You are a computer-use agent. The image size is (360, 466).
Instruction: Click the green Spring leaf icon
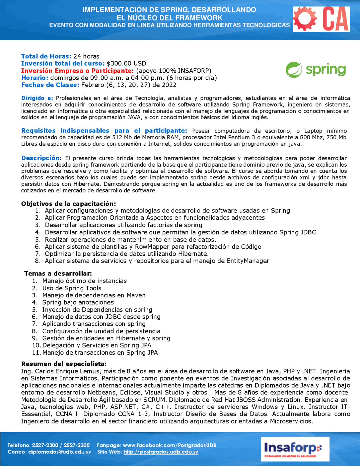(x=294, y=70)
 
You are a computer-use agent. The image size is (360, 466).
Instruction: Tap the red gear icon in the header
(x=305, y=19)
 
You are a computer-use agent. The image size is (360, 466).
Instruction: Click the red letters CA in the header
(x=336, y=19)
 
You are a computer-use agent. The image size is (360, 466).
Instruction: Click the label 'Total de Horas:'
(x=46, y=56)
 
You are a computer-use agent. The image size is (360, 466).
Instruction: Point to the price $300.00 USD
(x=126, y=64)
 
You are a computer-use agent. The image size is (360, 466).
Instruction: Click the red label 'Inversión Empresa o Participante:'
(x=77, y=71)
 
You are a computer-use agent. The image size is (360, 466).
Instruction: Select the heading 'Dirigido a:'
(x=37, y=98)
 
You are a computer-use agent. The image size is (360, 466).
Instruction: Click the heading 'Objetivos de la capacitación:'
(x=68, y=204)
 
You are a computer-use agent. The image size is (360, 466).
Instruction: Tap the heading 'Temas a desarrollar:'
(x=58, y=274)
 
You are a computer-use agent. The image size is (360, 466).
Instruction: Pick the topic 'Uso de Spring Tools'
(x=72, y=288)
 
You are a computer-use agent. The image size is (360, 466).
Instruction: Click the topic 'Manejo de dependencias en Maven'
(x=94, y=295)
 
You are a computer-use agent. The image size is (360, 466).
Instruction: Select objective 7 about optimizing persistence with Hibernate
(x=127, y=254)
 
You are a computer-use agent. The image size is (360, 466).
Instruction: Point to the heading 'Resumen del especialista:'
(x=64, y=364)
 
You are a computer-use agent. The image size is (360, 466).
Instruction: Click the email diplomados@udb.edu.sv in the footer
(x=60, y=452)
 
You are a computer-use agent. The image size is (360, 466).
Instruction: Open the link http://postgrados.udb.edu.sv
(x=161, y=452)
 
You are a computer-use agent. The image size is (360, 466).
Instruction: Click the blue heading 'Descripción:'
(x=41, y=158)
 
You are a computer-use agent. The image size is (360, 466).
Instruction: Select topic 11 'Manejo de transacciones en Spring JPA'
(x=101, y=353)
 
